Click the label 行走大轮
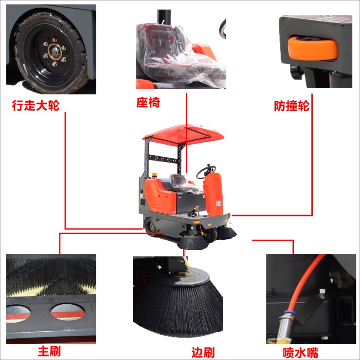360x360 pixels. (x=36, y=105)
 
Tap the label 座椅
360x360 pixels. (x=148, y=102)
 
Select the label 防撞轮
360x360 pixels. (x=292, y=106)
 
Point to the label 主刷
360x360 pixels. (x=49, y=351)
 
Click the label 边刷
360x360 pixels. (x=203, y=352)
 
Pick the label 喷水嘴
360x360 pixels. (x=301, y=353)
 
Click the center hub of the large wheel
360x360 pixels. (x=54, y=51)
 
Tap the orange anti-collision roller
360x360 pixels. (x=313, y=49)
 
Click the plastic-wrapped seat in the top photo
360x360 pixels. (x=180, y=55)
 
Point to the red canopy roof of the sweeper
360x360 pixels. (x=183, y=134)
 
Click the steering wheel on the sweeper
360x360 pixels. (x=206, y=172)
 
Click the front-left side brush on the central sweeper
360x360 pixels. (x=193, y=243)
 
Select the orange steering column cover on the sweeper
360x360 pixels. (x=213, y=194)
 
